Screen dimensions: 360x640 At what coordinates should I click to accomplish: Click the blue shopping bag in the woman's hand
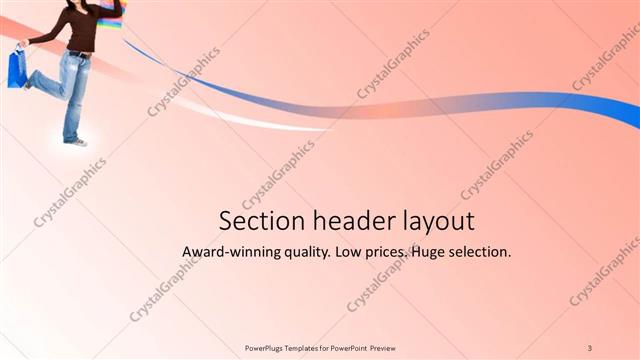click(x=17, y=68)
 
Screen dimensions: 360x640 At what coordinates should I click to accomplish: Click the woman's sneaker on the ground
click(x=74, y=142)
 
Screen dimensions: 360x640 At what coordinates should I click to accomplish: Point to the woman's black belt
click(x=79, y=53)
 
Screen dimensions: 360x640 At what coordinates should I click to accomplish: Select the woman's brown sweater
click(x=79, y=30)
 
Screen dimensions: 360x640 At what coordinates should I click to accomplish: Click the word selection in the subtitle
click(x=479, y=252)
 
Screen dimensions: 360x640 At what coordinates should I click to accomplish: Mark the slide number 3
click(x=590, y=348)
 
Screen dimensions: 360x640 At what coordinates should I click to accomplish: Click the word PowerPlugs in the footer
click(x=266, y=348)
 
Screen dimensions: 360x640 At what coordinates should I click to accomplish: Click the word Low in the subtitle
click(x=344, y=252)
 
